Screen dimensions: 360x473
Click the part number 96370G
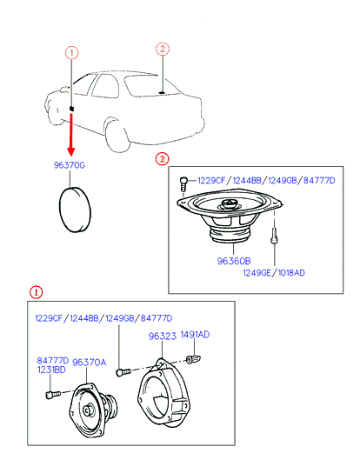tap(70, 165)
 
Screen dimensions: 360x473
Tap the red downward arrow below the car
tap(71, 134)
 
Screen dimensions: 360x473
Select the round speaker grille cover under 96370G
tap(75, 210)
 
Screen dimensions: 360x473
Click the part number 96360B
tap(234, 261)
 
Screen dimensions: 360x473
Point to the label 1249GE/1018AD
tap(274, 273)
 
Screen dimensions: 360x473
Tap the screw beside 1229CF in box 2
tap(183, 183)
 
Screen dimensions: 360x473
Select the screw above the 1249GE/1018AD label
tap(274, 236)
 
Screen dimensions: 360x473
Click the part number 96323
tap(163, 336)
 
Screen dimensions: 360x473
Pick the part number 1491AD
tap(195, 335)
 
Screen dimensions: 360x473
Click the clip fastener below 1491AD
tap(193, 359)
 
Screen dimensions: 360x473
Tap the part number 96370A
tap(90, 363)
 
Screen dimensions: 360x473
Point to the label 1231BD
tap(51, 370)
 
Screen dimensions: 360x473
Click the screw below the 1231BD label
tap(53, 394)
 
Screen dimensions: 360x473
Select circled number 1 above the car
tap(71, 53)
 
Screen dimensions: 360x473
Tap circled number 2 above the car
tap(163, 49)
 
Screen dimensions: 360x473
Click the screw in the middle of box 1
tap(123, 371)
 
